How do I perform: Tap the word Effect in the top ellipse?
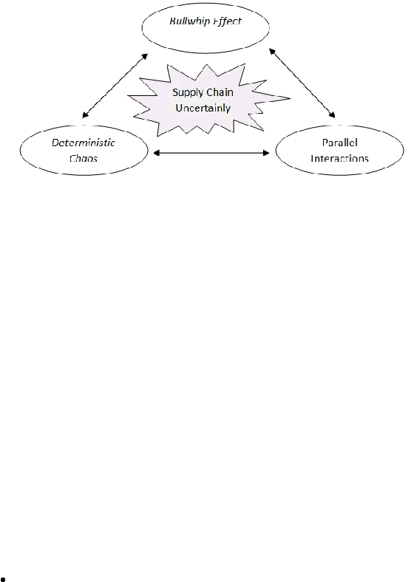point(228,21)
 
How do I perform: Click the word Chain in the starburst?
point(219,92)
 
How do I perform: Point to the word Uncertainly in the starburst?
point(203,108)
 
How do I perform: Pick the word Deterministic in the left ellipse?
point(84,143)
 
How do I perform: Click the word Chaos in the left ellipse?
point(84,159)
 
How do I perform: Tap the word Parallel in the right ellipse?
point(339,143)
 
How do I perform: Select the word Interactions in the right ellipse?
point(339,159)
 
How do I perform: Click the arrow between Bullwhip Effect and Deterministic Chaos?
point(115,86)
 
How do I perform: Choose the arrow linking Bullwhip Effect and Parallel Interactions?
point(302,83)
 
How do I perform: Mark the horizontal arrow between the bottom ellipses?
point(211,153)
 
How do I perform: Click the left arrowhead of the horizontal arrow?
point(156,153)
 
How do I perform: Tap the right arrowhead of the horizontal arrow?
point(267,153)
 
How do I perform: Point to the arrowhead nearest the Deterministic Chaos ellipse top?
point(85,115)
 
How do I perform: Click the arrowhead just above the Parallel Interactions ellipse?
point(333,114)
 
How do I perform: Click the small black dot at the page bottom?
point(3,578)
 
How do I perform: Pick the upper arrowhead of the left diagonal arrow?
point(146,56)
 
